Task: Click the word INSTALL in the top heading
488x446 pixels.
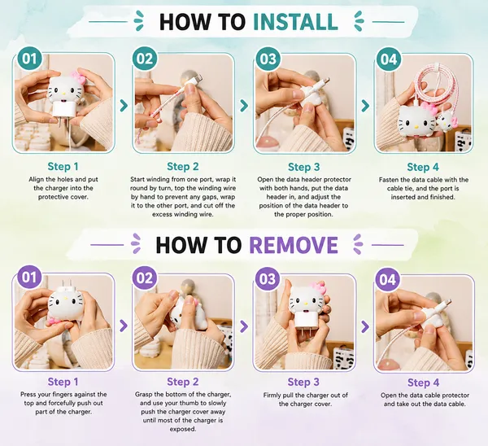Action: coord(295,22)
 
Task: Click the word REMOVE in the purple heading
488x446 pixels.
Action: coord(294,245)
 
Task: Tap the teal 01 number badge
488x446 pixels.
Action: coord(29,59)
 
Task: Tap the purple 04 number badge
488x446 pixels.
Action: coord(388,279)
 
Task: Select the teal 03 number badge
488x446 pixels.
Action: coord(268,59)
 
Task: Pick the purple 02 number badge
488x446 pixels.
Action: coord(145,278)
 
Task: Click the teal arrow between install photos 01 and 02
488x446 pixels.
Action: coord(124,106)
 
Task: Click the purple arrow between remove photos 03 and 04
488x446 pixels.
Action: coord(365,326)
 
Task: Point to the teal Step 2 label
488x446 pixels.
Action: coord(183,166)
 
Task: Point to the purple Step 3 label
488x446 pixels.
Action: coord(303,382)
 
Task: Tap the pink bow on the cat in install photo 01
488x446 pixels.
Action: coord(78,77)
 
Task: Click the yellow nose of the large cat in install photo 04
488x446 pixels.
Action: coord(416,127)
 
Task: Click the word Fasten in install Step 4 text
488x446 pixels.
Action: coord(389,180)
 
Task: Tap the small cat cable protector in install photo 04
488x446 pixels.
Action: coord(447,120)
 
